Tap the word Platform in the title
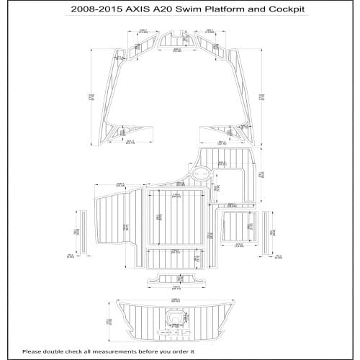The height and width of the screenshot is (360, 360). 229,10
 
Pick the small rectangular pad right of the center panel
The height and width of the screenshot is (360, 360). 237,229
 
